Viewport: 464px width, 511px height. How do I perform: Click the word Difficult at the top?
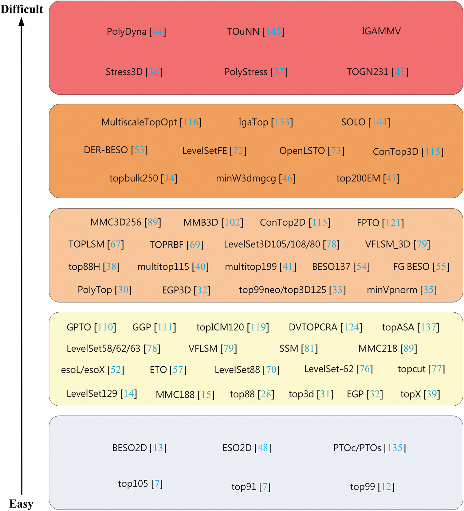tap(22, 9)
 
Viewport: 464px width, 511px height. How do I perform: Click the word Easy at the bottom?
tap(21, 504)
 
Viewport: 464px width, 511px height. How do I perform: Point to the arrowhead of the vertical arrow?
tap(22, 21)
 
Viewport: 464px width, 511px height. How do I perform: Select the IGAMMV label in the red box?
tap(381, 31)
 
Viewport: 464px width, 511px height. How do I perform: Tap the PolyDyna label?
tap(127, 32)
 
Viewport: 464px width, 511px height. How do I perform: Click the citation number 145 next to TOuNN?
tap(273, 32)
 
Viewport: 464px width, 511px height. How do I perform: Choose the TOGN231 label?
tap(368, 72)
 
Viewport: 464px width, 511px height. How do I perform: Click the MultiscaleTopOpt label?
tap(139, 122)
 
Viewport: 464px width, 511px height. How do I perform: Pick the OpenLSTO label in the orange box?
tap(302, 151)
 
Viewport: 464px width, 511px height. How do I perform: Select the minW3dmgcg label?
tap(246, 178)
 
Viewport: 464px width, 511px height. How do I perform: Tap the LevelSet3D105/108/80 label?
tap(272, 244)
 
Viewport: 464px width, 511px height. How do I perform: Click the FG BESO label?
tap(411, 267)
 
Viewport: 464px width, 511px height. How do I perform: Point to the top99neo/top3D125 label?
tap(282, 290)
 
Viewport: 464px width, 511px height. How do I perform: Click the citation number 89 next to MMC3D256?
tap(153, 222)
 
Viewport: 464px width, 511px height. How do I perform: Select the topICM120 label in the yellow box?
tap(220, 327)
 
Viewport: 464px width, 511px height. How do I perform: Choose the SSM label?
tap(289, 349)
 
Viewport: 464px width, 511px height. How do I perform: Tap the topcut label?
tap(411, 369)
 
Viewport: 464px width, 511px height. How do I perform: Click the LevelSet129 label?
tap(92, 394)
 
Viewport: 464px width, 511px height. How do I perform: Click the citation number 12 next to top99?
tap(386, 487)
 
